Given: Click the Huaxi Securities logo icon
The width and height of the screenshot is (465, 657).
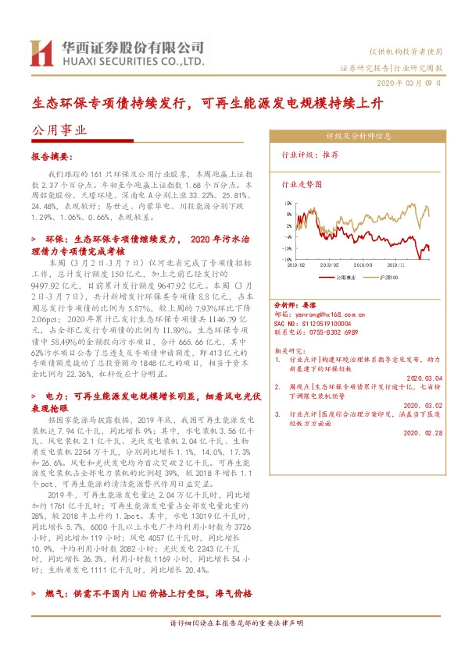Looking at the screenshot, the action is [40, 53].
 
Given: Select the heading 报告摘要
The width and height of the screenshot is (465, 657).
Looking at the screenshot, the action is [52, 156].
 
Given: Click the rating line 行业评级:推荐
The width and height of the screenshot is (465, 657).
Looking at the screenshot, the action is [310, 156].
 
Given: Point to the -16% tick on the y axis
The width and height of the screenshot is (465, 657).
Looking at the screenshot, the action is [288, 260].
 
